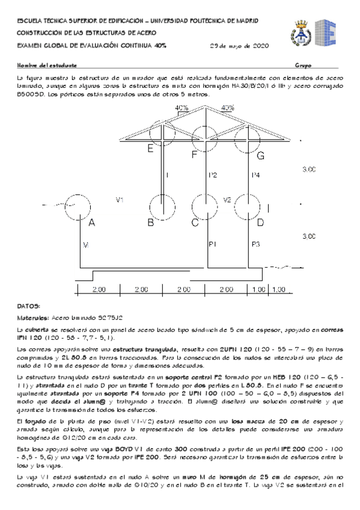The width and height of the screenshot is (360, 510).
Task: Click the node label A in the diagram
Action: (x=92, y=223)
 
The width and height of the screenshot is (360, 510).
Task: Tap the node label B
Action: (x=150, y=223)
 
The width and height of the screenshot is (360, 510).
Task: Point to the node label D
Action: (x=260, y=223)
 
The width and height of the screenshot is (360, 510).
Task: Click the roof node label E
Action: (x=150, y=149)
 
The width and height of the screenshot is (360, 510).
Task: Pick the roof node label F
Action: (x=194, y=156)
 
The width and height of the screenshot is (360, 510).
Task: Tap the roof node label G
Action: (x=260, y=156)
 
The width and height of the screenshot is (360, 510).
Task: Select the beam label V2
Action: (x=228, y=199)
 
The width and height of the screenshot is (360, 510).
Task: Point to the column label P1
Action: (x=212, y=244)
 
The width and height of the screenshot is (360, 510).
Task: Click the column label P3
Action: (x=255, y=244)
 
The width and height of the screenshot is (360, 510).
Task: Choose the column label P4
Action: (x=255, y=175)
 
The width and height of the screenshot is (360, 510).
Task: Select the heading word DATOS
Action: (x=29, y=306)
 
